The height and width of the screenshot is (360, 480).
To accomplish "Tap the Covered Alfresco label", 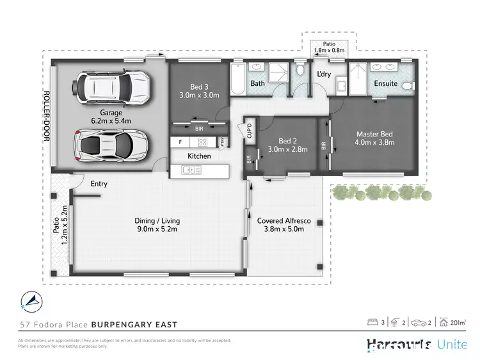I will click(284, 225).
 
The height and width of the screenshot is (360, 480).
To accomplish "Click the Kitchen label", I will click(199, 156).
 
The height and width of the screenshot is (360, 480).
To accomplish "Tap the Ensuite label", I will click(385, 83).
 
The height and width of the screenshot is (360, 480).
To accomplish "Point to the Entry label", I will click(99, 184).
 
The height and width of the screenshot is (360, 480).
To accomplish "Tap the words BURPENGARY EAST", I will click(136, 325).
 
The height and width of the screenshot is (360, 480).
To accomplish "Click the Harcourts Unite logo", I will click(417, 345).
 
